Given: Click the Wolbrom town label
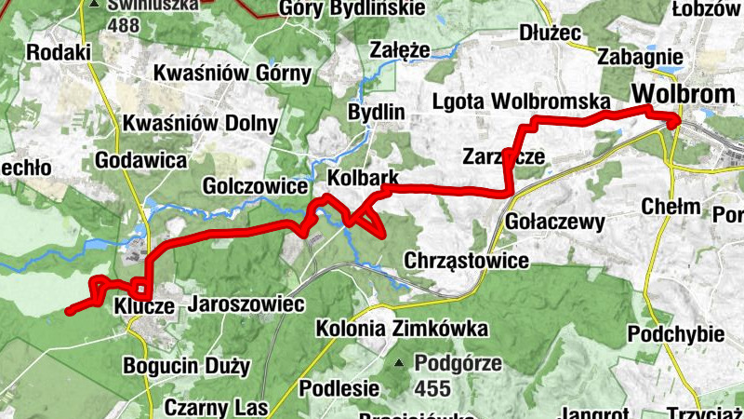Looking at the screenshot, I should pos(677,95).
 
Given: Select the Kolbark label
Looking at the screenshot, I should pos(363,177).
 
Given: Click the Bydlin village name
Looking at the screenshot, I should pos(376,113).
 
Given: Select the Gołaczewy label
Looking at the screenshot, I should pos(555,222).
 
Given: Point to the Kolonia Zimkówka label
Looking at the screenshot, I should pos(402,329).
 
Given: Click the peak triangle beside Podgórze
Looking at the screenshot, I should pos(399,363).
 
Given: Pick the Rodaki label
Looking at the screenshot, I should pos(59,52).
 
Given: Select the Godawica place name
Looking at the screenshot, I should pos(141,159).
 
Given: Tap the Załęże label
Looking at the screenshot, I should pos(399,49).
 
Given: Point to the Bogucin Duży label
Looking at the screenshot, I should pos(186,366).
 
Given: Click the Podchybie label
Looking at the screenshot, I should pos(662,333).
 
